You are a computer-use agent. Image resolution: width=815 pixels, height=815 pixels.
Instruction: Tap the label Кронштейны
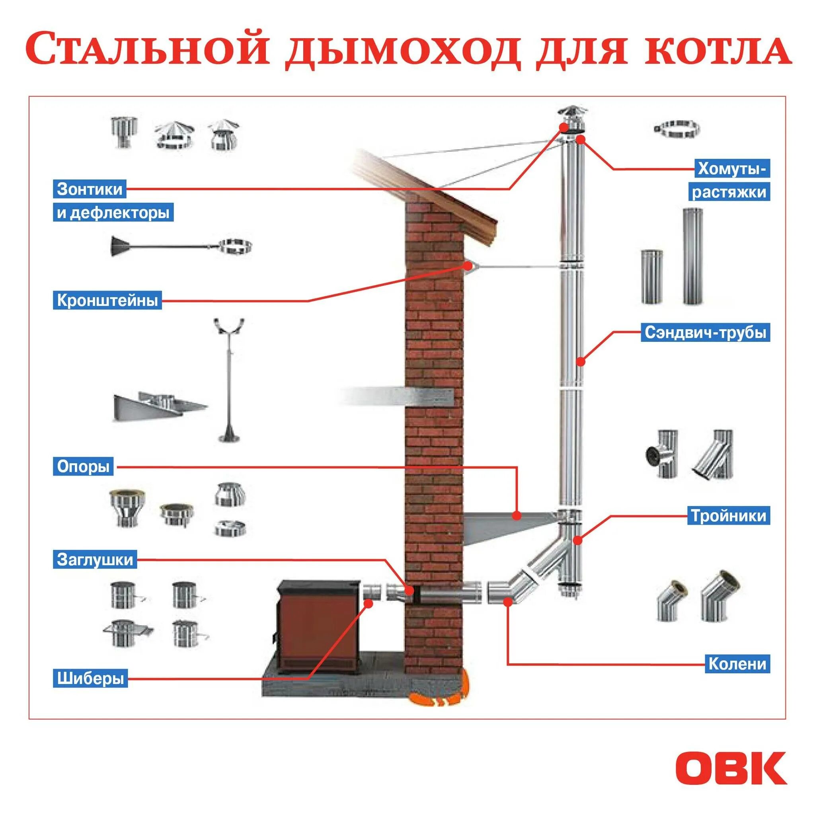(x=107, y=300)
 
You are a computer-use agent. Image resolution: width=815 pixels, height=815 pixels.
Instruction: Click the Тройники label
(x=729, y=516)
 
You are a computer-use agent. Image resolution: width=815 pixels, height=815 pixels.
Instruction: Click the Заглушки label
(x=95, y=560)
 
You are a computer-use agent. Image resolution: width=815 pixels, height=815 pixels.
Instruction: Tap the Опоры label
(x=83, y=466)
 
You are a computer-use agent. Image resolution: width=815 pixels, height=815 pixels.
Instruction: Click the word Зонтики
(x=90, y=189)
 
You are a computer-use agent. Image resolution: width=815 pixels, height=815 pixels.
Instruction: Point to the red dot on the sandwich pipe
(x=581, y=361)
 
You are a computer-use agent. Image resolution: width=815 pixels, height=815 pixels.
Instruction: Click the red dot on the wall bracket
(x=468, y=265)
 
